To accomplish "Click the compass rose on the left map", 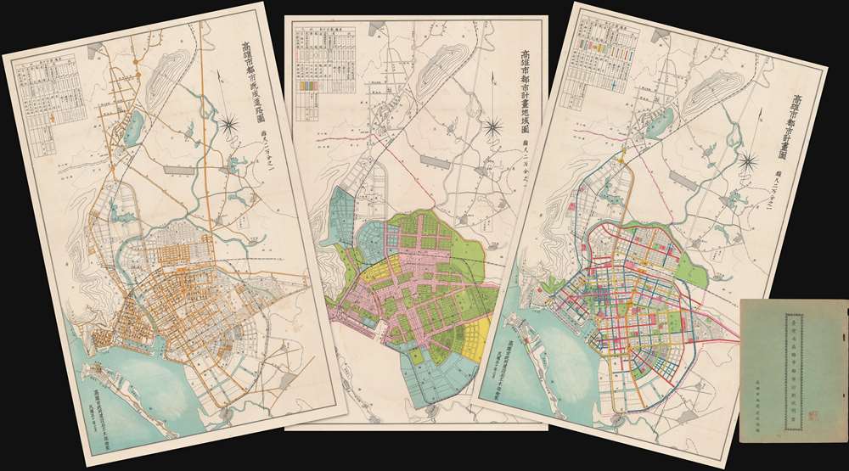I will pos(232,126).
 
